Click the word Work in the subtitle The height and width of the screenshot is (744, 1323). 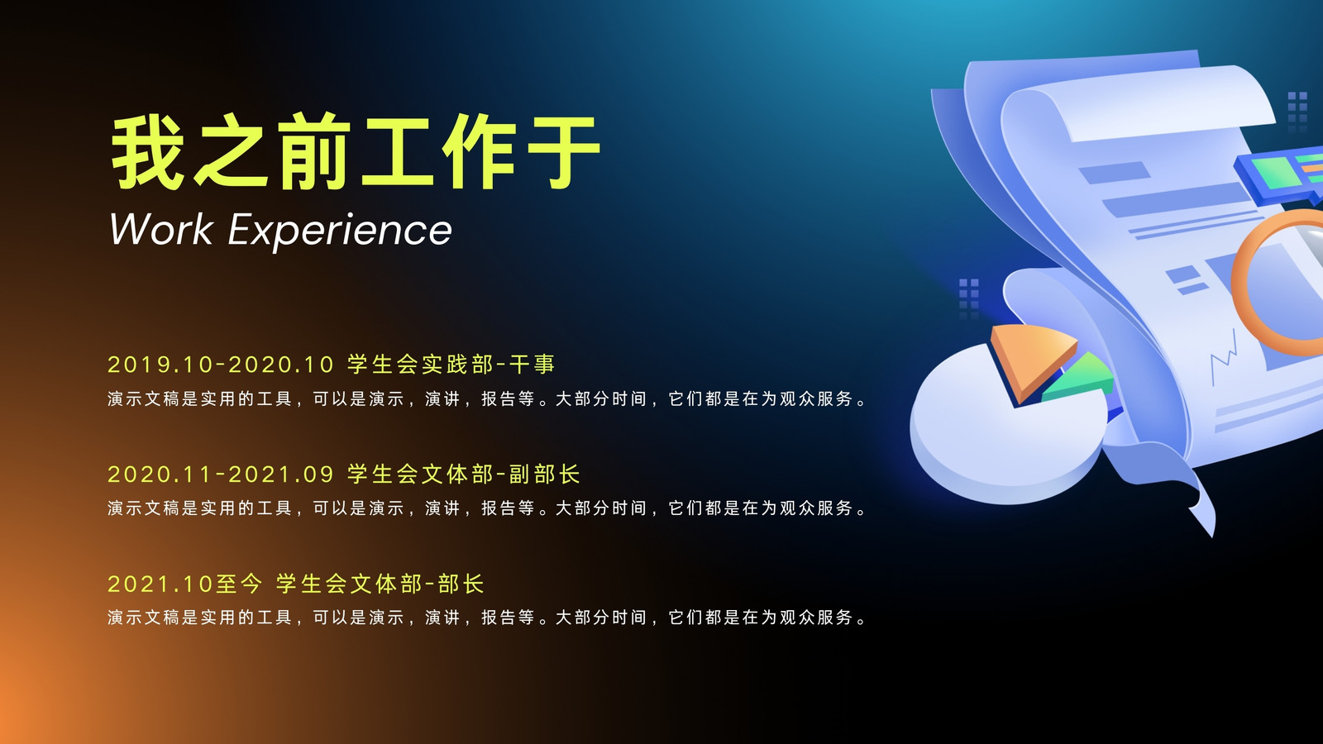161,229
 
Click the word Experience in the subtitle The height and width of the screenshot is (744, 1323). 340,231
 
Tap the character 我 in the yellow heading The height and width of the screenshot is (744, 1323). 146,152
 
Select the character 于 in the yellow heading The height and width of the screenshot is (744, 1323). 564,152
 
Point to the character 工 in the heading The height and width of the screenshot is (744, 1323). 396,152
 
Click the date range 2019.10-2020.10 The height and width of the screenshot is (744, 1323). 221,365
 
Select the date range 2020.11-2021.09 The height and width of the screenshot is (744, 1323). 221,475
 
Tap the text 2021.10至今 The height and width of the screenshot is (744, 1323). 185,584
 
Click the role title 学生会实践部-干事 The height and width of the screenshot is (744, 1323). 451,365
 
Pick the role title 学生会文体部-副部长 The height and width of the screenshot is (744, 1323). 464,475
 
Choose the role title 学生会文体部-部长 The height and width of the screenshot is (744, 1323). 380,584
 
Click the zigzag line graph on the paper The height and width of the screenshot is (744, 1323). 1223,356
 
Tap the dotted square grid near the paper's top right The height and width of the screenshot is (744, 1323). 1297,111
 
